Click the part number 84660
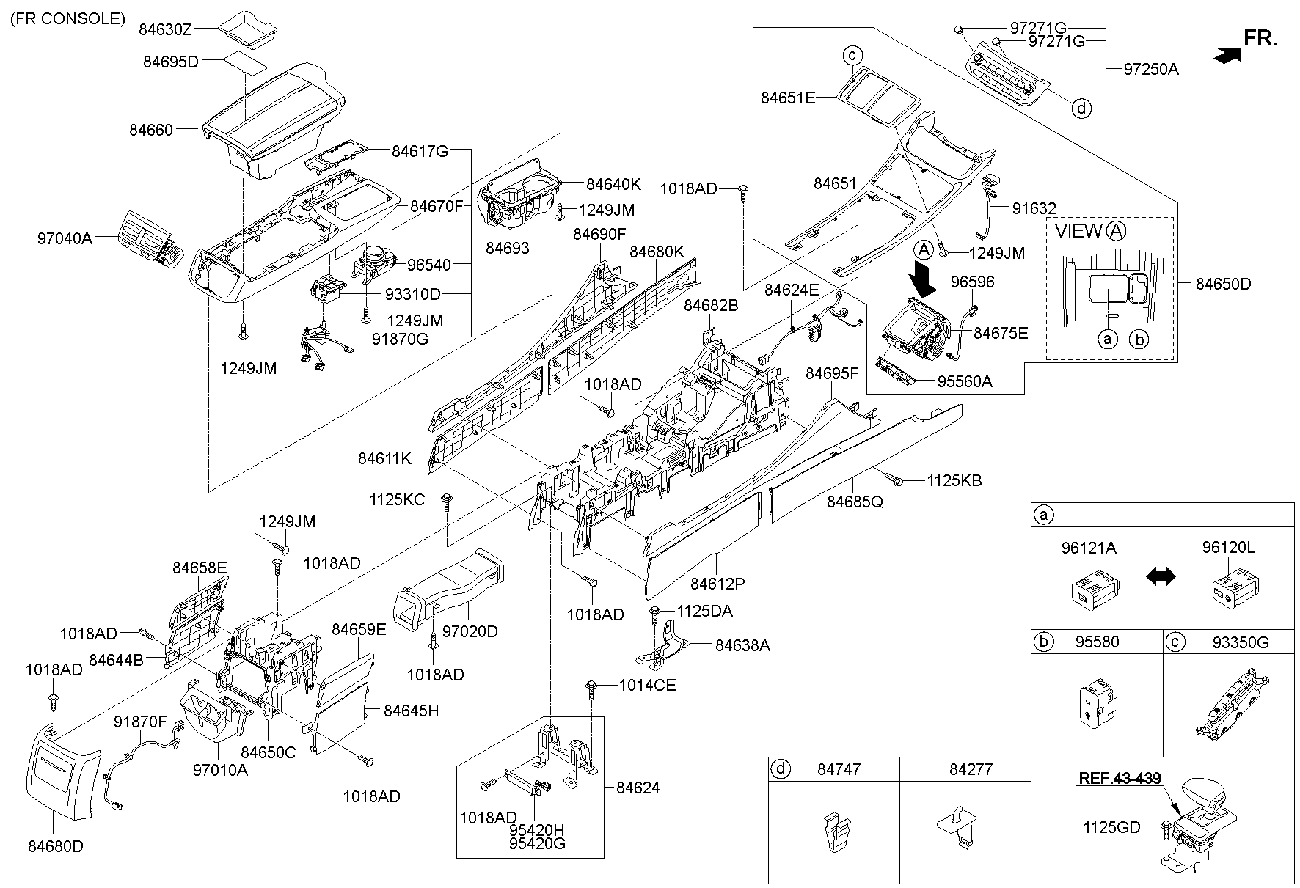(x=151, y=131)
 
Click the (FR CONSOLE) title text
(x=67, y=19)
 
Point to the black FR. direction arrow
(x=1227, y=54)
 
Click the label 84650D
(x=1223, y=284)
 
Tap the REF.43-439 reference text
(x=1120, y=778)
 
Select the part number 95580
(x=1097, y=642)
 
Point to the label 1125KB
(x=954, y=481)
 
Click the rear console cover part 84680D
(x=62, y=778)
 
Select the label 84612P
(x=717, y=584)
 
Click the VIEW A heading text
(x=1089, y=232)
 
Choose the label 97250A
(x=1151, y=70)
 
